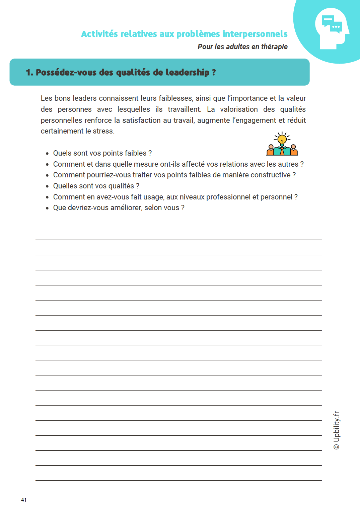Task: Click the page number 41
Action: [x=24, y=500]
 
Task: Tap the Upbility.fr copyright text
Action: [x=337, y=430]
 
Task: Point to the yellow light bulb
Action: [x=282, y=139]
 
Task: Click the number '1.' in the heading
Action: [x=29, y=73]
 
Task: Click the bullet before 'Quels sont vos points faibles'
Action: [x=47, y=154]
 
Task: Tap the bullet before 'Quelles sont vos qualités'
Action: [x=47, y=186]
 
